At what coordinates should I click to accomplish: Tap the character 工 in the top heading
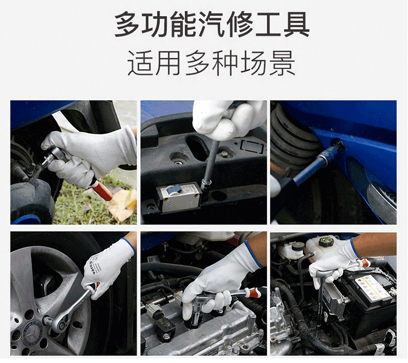[x=268, y=24]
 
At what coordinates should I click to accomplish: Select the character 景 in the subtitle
[x=282, y=63]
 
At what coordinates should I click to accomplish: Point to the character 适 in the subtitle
[x=140, y=63]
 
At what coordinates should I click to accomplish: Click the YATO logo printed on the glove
[x=93, y=268]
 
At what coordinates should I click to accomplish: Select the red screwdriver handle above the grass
[x=102, y=190]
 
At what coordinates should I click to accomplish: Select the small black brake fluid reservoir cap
[x=296, y=246]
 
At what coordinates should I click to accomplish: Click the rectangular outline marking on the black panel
[x=252, y=146]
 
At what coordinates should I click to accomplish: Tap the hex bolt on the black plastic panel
[x=224, y=154]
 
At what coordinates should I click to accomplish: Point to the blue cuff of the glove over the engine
[x=253, y=255]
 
